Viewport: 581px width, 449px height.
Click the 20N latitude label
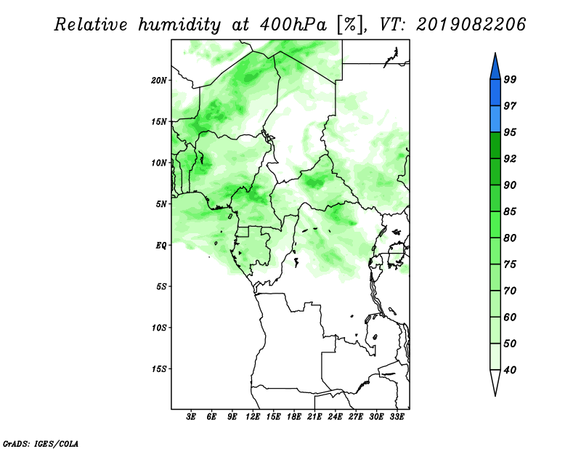(x=159, y=81)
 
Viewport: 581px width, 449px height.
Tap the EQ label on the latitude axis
(x=161, y=246)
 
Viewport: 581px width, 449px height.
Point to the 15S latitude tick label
(x=159, y=369)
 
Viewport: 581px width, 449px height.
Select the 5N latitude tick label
(x=161, y=204)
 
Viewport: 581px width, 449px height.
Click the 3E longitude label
(x=191, y=416)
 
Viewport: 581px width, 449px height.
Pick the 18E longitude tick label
(x=294, y=416)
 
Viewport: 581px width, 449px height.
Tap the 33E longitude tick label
(x=397, y=416)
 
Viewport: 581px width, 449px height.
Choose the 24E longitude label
(x=335, y=416)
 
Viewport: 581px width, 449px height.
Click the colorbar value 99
(x=510, y=79)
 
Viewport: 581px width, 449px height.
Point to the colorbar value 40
(x=510, y=370)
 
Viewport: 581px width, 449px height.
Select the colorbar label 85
(x=510, y=211)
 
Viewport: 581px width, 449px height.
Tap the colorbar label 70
(x=510, y=291)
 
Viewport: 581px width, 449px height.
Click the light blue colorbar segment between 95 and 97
(x=495, y=119)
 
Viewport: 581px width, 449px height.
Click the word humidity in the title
(x=179, y=25)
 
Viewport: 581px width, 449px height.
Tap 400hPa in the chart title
(x=293, y=25)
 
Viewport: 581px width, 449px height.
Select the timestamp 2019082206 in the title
(x=471, y=25)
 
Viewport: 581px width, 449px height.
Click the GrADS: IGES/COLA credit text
(x=41, y=443)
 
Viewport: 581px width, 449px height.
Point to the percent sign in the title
(x=350, y=25)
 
